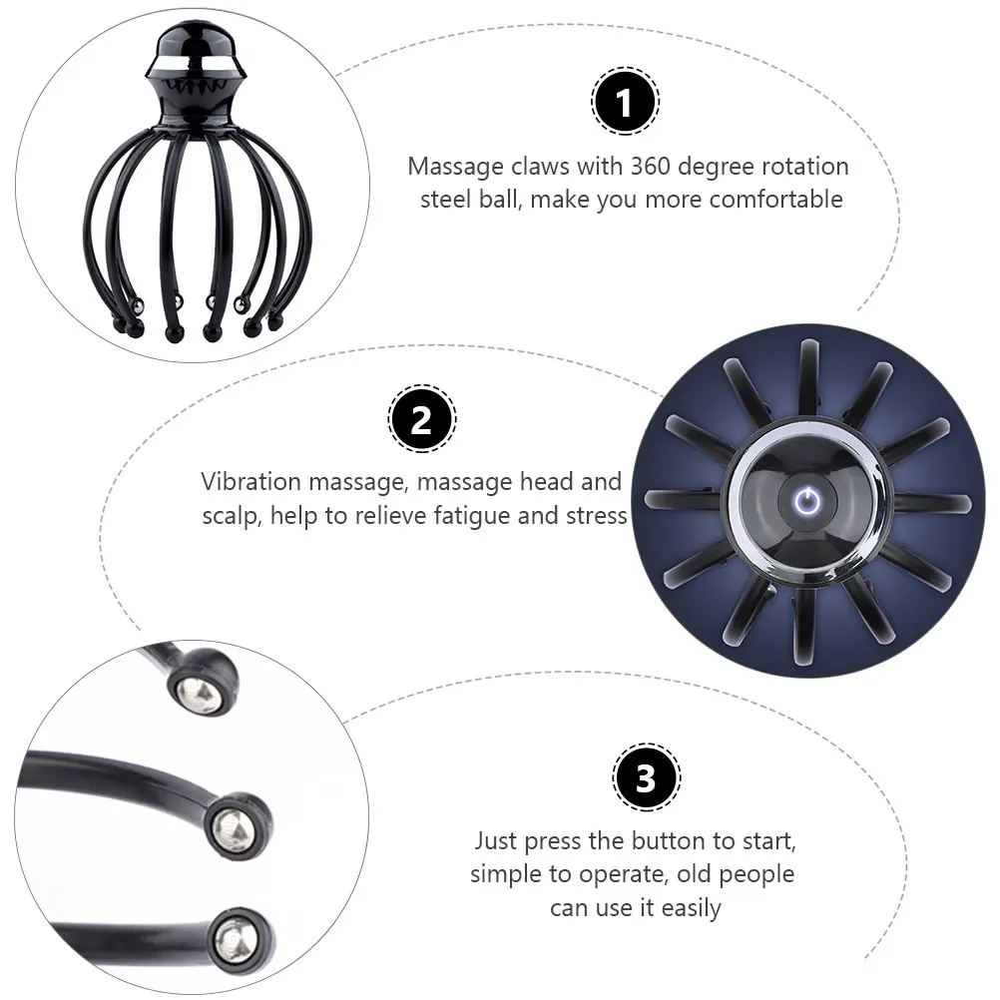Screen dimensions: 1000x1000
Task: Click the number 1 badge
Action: tap(625, 102)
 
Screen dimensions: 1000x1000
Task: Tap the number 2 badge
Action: tap(420, 420)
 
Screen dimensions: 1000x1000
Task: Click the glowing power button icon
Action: tap(806, 501)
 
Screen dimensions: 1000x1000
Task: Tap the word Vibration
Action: tap(250, 482)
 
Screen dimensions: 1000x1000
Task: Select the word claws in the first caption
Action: tap(529, 167)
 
